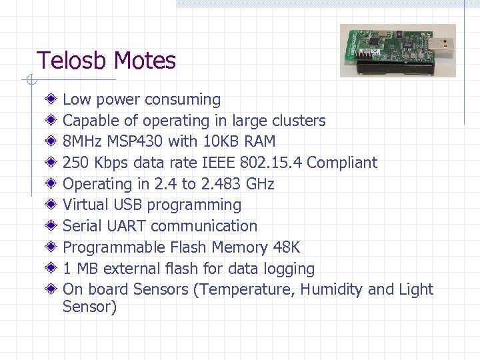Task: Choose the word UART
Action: click(x=126, y=227)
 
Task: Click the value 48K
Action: click(x=287, y=248)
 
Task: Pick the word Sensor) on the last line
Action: click(x=89, y=307)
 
